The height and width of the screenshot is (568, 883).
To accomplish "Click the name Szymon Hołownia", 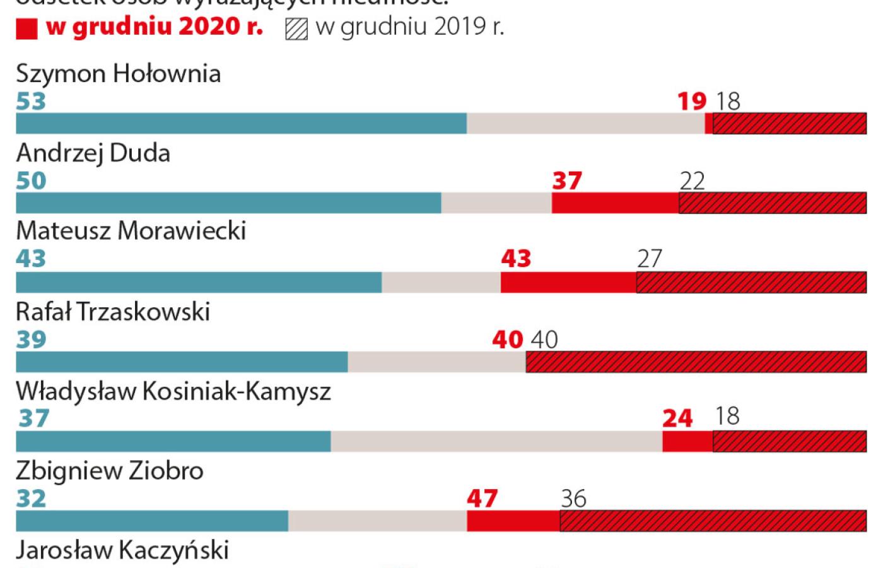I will coord(118,74).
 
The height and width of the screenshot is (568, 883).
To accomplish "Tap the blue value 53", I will coord(31,101).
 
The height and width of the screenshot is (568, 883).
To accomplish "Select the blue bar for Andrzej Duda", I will coord(228,203).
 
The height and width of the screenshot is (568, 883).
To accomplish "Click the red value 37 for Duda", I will coord(567,181).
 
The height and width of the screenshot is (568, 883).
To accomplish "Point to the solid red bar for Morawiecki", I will coord(568,282).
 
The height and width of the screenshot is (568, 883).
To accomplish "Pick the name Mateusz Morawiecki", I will coord(131,231).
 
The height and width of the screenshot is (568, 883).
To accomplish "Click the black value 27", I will coord(650,259).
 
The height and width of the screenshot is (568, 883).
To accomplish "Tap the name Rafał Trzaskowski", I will coord(113,312).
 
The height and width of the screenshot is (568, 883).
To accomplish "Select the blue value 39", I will coord(31,340).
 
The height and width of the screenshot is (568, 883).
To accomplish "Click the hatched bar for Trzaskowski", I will coord(696,362).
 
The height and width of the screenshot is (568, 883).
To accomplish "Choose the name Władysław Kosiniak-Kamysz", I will coord(173,391).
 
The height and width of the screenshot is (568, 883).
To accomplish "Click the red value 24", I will coord(677,418).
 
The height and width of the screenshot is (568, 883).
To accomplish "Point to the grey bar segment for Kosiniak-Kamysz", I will coord(496,441).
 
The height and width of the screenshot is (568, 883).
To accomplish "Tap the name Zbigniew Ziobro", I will coord(109,471).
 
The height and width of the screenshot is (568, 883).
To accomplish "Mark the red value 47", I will coord(482,499).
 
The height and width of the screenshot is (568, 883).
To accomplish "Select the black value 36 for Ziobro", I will coord(573,499).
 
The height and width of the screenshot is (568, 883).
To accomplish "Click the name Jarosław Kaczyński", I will coord(122,550).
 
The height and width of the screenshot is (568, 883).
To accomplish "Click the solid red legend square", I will coord(26,29).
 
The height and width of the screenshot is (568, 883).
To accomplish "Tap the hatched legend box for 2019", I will coord(296,29).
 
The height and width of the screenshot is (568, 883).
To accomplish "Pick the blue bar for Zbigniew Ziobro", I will coord(152,521).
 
